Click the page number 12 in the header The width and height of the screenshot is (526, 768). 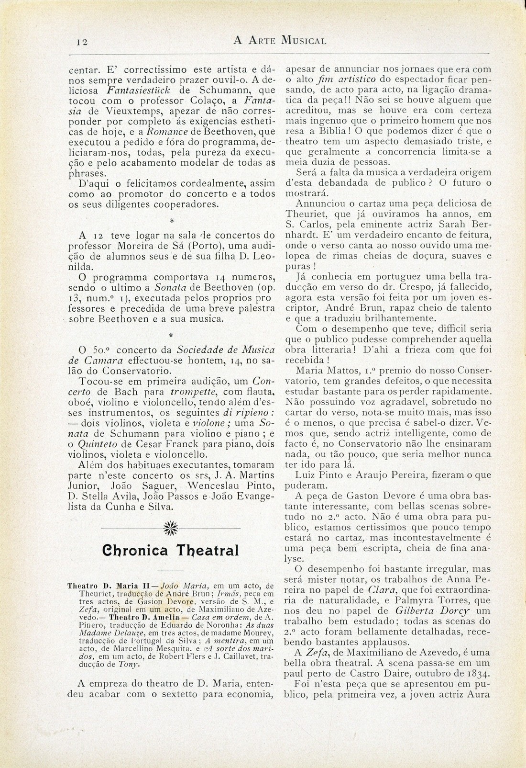pyautogui.click(x=81, y=42)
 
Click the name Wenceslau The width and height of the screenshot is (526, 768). pyautogui.click(x=210, y=485)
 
